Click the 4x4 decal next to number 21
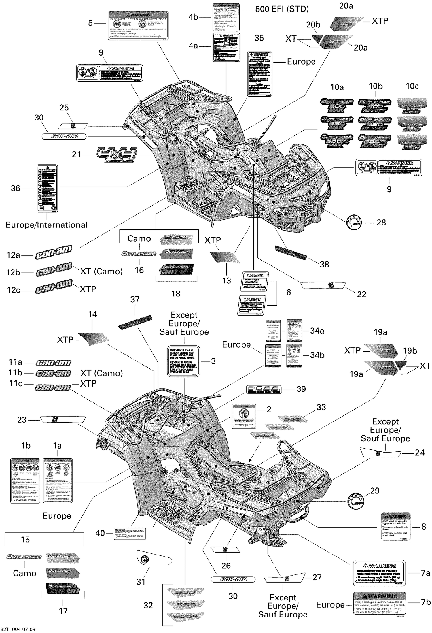tap(117, 155)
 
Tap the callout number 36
tap(16, 189)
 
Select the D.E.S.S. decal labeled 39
tap(264, 389)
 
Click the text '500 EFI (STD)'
tap(282, 9)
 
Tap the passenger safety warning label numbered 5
tap(138, 26)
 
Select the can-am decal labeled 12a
tap(54, 253)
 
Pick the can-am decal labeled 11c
tap(53, 387)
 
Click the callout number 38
tap(324, 264)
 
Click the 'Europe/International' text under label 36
tap(46, 225)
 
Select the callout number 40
tap(100, 533)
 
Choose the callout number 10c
tap(412, 86)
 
